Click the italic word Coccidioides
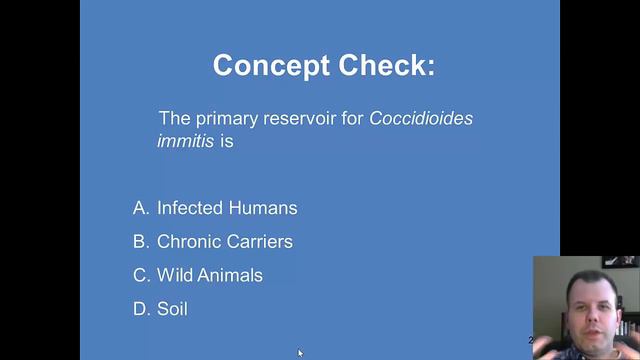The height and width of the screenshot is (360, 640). click(421, 119)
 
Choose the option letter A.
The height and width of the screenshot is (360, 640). click(140, 208)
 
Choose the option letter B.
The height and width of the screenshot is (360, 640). click(140, 242)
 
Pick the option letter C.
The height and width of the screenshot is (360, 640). click(140, 275)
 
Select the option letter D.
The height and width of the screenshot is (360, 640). click(140, 309)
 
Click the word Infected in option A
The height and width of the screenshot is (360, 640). click(189, 208)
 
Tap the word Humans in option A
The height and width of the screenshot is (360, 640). click(262, 208)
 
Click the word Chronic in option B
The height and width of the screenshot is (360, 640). click(188, 242)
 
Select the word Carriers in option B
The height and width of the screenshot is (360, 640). click(258, 242)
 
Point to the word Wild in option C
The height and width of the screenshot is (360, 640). click(174, 275)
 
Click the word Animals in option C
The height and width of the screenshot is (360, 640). click(230, 275)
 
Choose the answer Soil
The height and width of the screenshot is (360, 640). click(172, 309)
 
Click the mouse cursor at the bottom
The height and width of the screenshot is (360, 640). click(300, 353)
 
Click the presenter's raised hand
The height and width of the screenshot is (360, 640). click(552, 340)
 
